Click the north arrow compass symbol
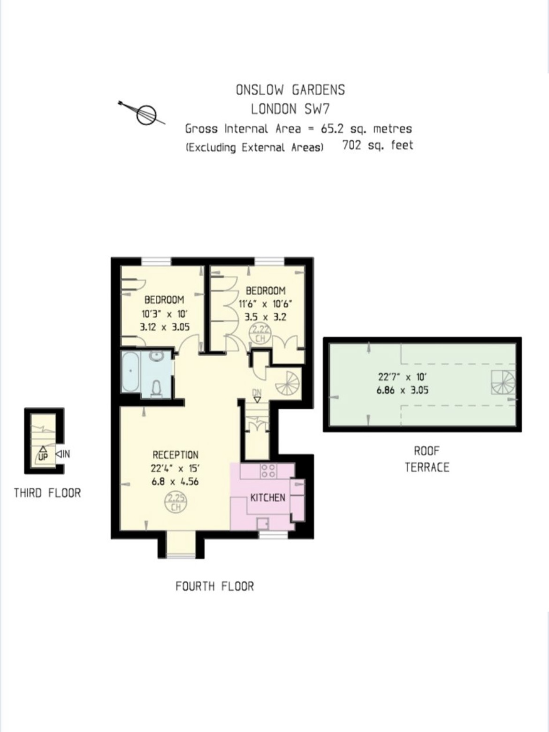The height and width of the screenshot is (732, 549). point(146,114)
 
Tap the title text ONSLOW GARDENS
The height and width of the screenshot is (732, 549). point(290,90)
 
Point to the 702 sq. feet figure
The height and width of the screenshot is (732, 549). point(378,145)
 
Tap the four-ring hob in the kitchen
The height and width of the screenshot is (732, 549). point(269,471)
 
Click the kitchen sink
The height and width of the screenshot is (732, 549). point(263,524)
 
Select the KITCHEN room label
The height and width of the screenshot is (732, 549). point(267,498)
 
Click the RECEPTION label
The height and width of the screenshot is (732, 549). point(175,455)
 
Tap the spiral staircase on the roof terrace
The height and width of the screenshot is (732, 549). point(503,382)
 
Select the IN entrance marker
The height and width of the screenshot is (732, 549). point(63,454)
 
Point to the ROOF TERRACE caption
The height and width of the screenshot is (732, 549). point(427,459)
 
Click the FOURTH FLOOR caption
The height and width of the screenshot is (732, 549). point(214,586)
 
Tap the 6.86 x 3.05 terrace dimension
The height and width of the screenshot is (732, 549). point(402,390)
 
